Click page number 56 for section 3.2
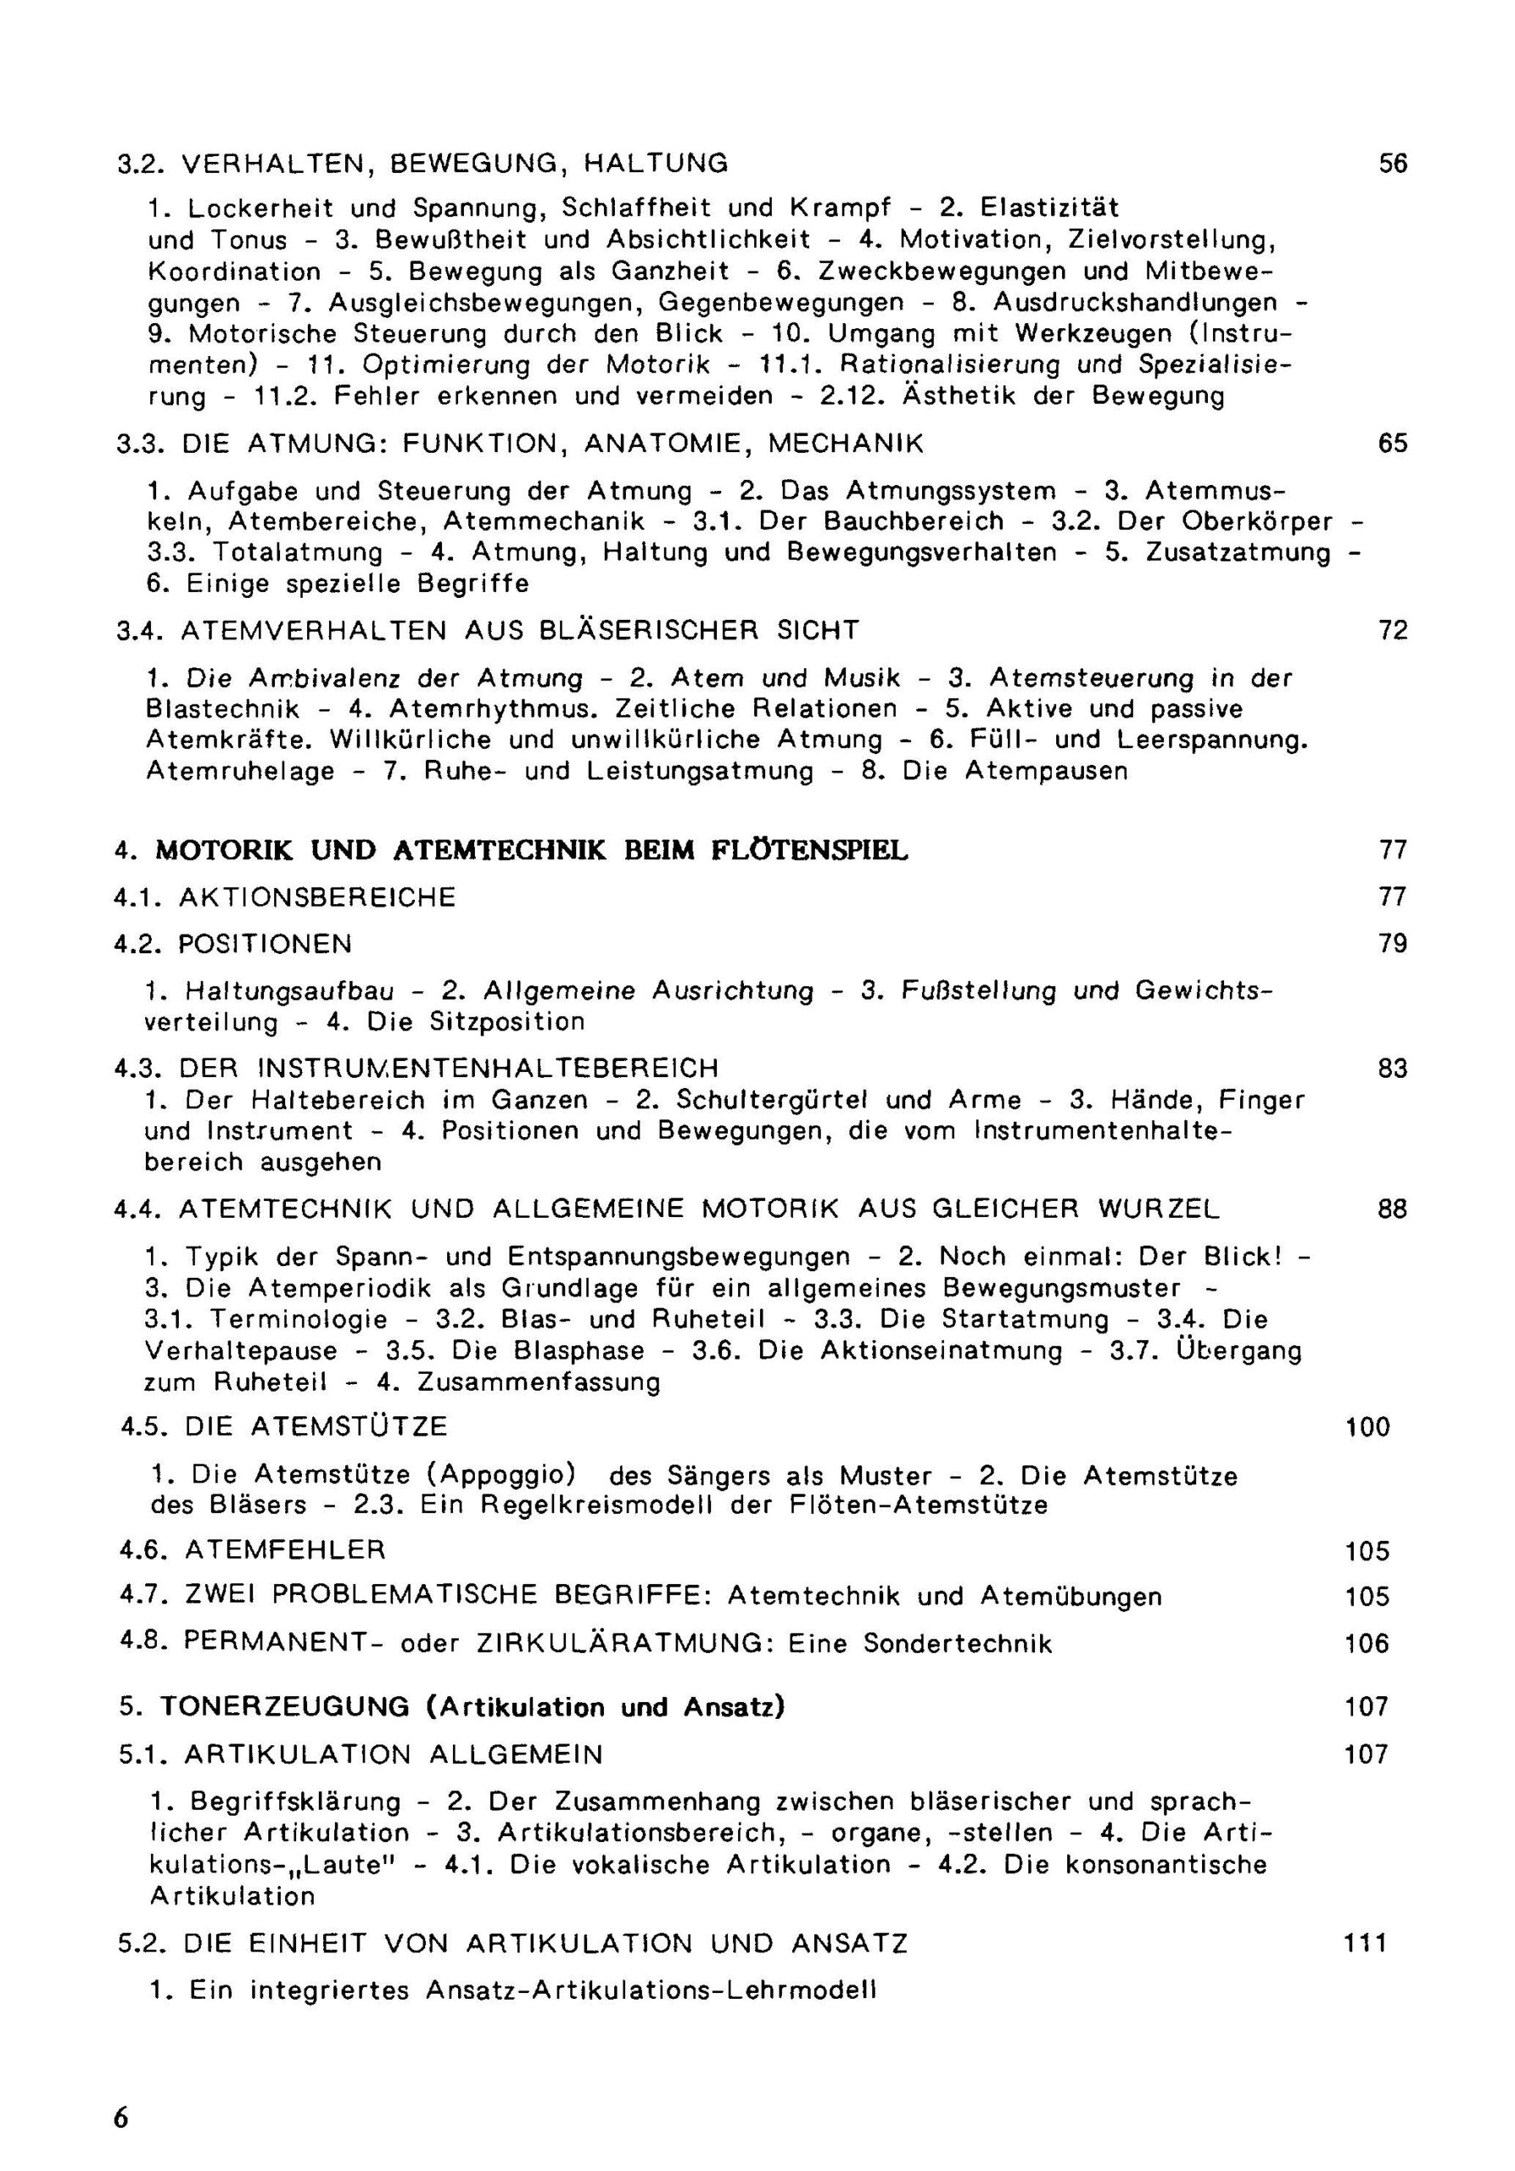pyautogui.click(x=1392, y=165)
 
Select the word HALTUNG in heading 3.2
pyautogui.click(x=656, y=165)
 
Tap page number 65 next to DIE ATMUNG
pyautogui.click(x=1392, y=444)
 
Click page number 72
pyautogui.click(x=1392, y=630)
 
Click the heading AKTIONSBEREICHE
pyautogui.click(x=316, y=896)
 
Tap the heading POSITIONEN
pyautogui.click(x=265, y=944)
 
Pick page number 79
pyautogui.click(x=1392, y=944)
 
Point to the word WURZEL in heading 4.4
pyautogui.click(x=1159, y=1208)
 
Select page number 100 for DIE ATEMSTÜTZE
pyautogui.click(x=1367, y=1427)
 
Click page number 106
pyautogui.click(x=1367, y=1644)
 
